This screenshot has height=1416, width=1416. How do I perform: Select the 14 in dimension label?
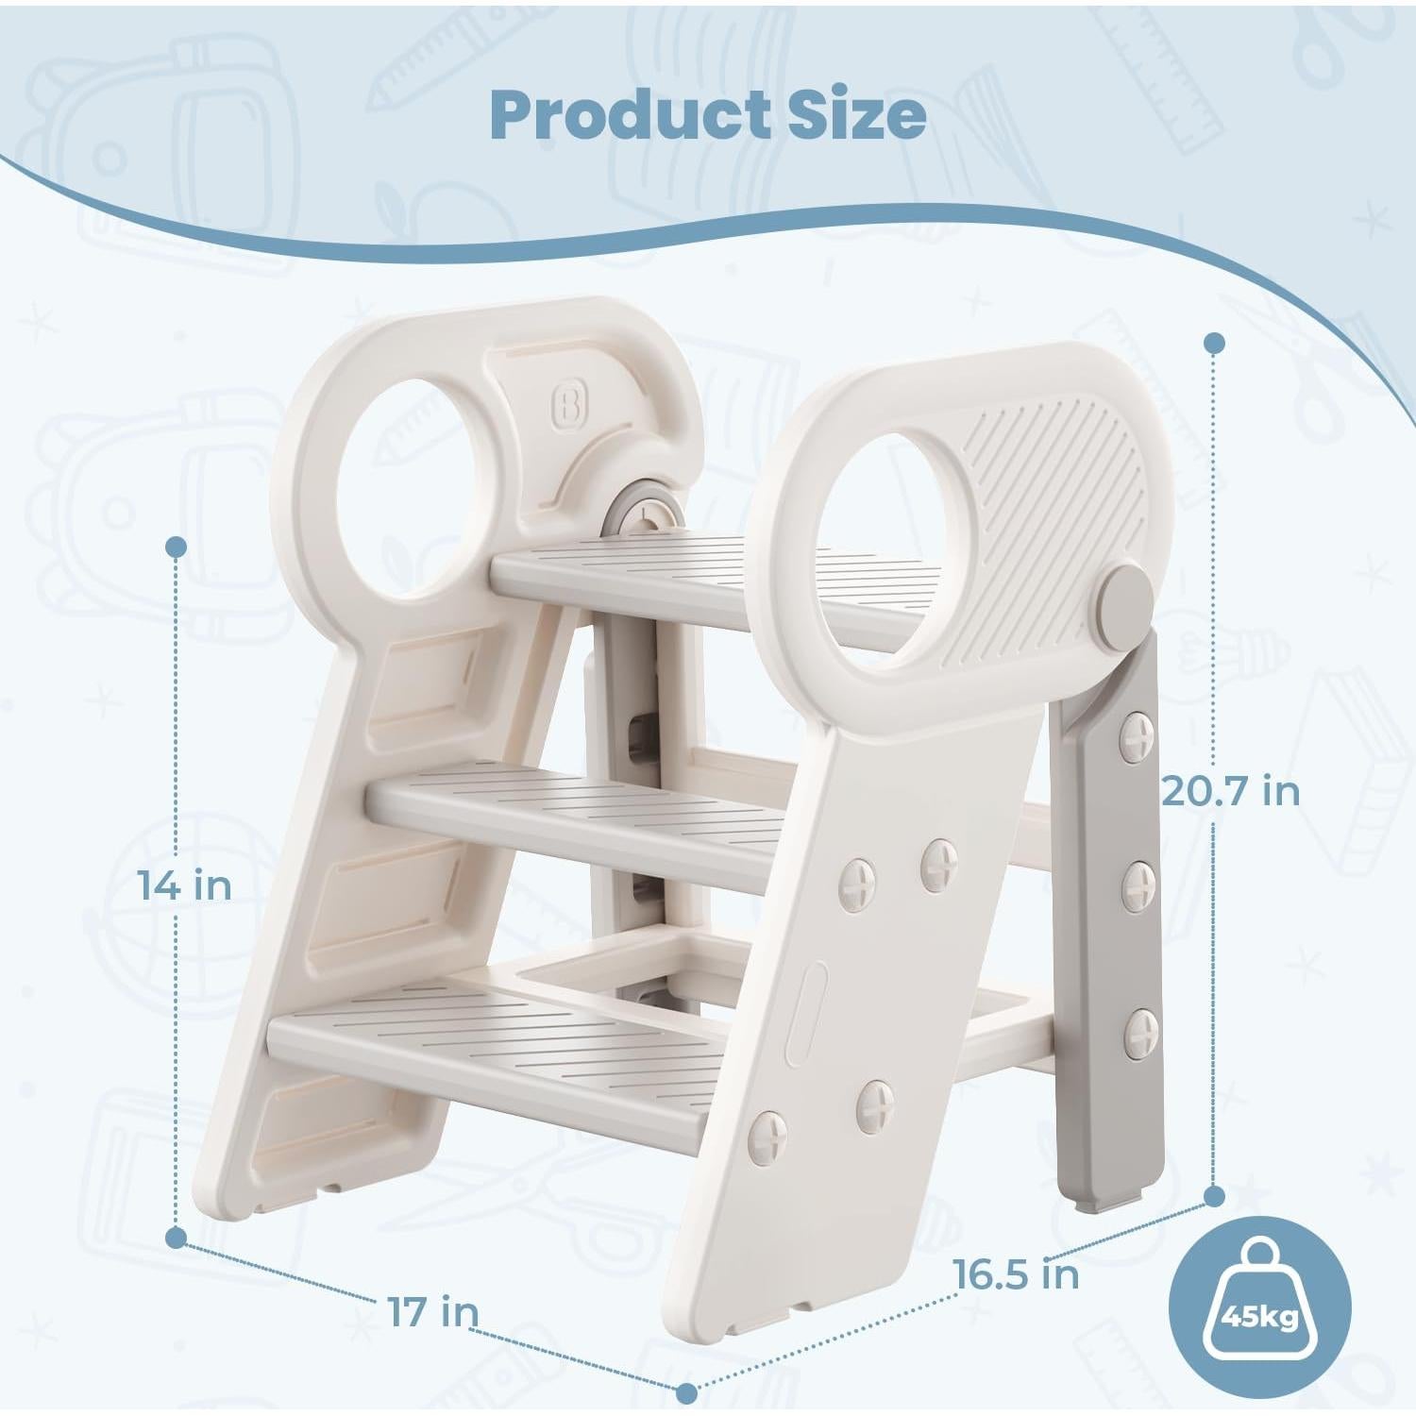click(x=185, y=885)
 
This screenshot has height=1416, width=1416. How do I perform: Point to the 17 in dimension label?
click(x=432, y=1311)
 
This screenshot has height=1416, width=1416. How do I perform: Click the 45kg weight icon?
click(x=1259, y=1307)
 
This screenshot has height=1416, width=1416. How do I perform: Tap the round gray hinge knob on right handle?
click(x=1126, y=595)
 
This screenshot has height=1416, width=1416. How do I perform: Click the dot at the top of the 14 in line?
click(x=176, y=546)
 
